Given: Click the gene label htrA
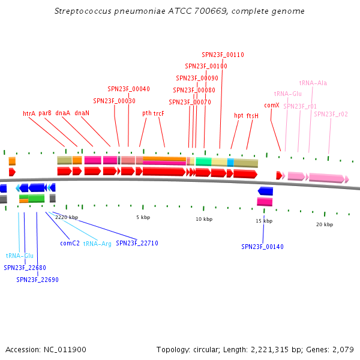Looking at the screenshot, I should tap(29, 113).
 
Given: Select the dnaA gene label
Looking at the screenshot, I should tap(63, 113).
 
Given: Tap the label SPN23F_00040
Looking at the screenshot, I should tap(128, 89).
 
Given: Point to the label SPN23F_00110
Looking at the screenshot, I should tap(223, 55).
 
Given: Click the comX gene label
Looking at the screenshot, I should tap(271, 105).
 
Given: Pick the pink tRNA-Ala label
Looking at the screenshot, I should tap(313, 83).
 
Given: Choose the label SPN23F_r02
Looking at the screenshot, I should tap(331, 114).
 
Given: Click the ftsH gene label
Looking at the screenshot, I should tap(252, 115).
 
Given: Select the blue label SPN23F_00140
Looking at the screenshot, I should tap(263, 247).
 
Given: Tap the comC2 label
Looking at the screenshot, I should tap(70, 244).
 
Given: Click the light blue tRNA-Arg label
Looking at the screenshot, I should tap(97, 244).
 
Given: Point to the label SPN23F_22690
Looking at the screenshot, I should tap(37, 280).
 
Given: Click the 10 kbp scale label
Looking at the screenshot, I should tap(204, 219).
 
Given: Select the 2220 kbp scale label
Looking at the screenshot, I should tap(67, 217).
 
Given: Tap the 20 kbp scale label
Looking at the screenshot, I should tap(324, 224).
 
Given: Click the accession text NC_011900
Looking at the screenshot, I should tap(62, 349).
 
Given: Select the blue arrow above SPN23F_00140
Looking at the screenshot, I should tap(265, 191).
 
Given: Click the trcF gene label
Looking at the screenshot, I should tap(158, 113).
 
